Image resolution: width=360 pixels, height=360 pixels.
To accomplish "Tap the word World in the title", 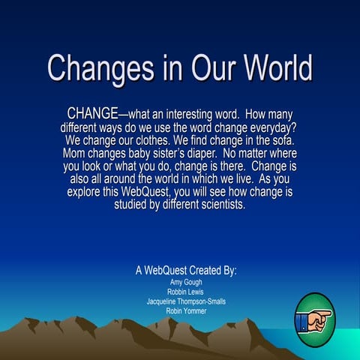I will click(x=271, y=68).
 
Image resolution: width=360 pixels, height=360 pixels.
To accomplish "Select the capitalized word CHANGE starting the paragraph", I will click(x=92, y=113).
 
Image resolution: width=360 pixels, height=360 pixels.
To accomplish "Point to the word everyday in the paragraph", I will click(x=268, y=127).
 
